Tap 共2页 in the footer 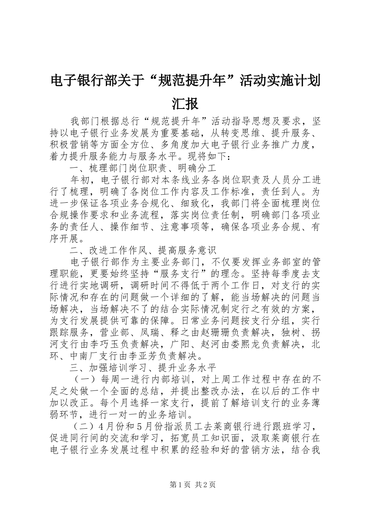point(205,485)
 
